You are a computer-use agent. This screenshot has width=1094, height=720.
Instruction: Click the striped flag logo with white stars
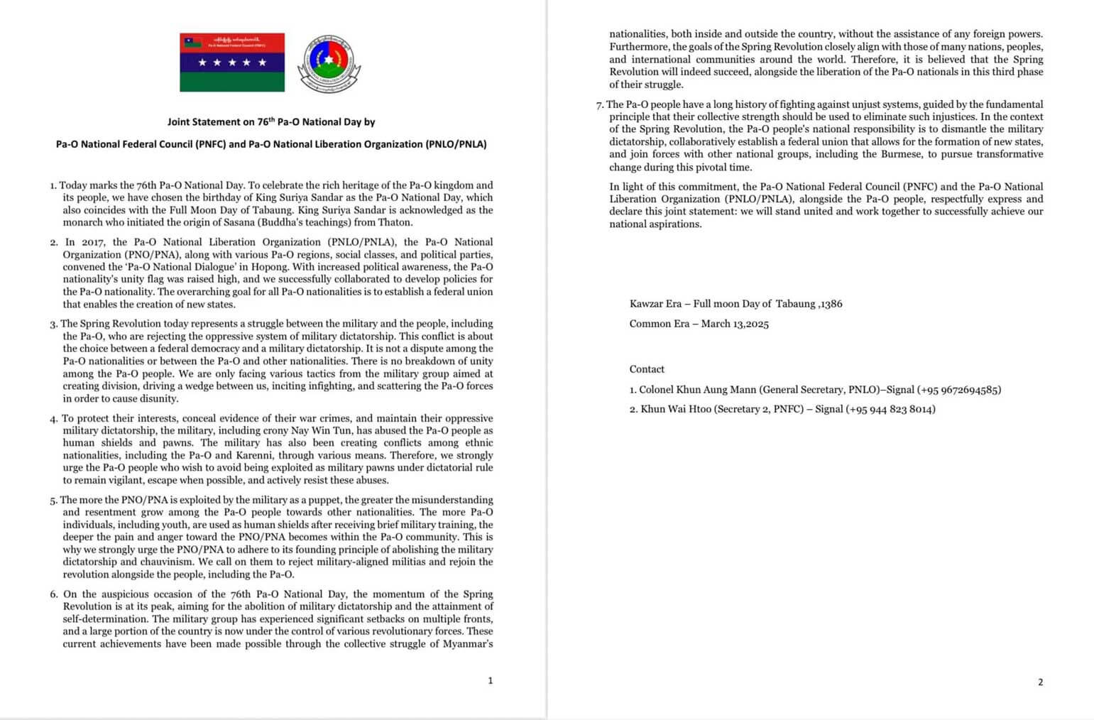232,62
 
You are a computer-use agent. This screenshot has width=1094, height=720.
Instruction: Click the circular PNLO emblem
328,63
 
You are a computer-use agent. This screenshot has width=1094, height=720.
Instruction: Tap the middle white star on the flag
232,62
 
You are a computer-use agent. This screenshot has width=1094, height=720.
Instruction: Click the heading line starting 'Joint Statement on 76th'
271,122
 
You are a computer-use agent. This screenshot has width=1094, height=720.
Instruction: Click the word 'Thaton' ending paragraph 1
396,222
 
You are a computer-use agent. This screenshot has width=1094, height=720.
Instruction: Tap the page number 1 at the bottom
490,680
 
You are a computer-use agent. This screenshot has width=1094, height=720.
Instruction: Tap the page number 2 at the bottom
1040,682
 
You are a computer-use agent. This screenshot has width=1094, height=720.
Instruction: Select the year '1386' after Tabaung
831,304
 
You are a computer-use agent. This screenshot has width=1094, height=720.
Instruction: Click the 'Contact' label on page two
647,369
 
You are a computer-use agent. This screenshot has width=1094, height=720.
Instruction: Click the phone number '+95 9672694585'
959,390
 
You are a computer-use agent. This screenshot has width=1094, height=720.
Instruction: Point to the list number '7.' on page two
600,104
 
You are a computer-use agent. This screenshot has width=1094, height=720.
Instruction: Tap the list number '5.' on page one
54,500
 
